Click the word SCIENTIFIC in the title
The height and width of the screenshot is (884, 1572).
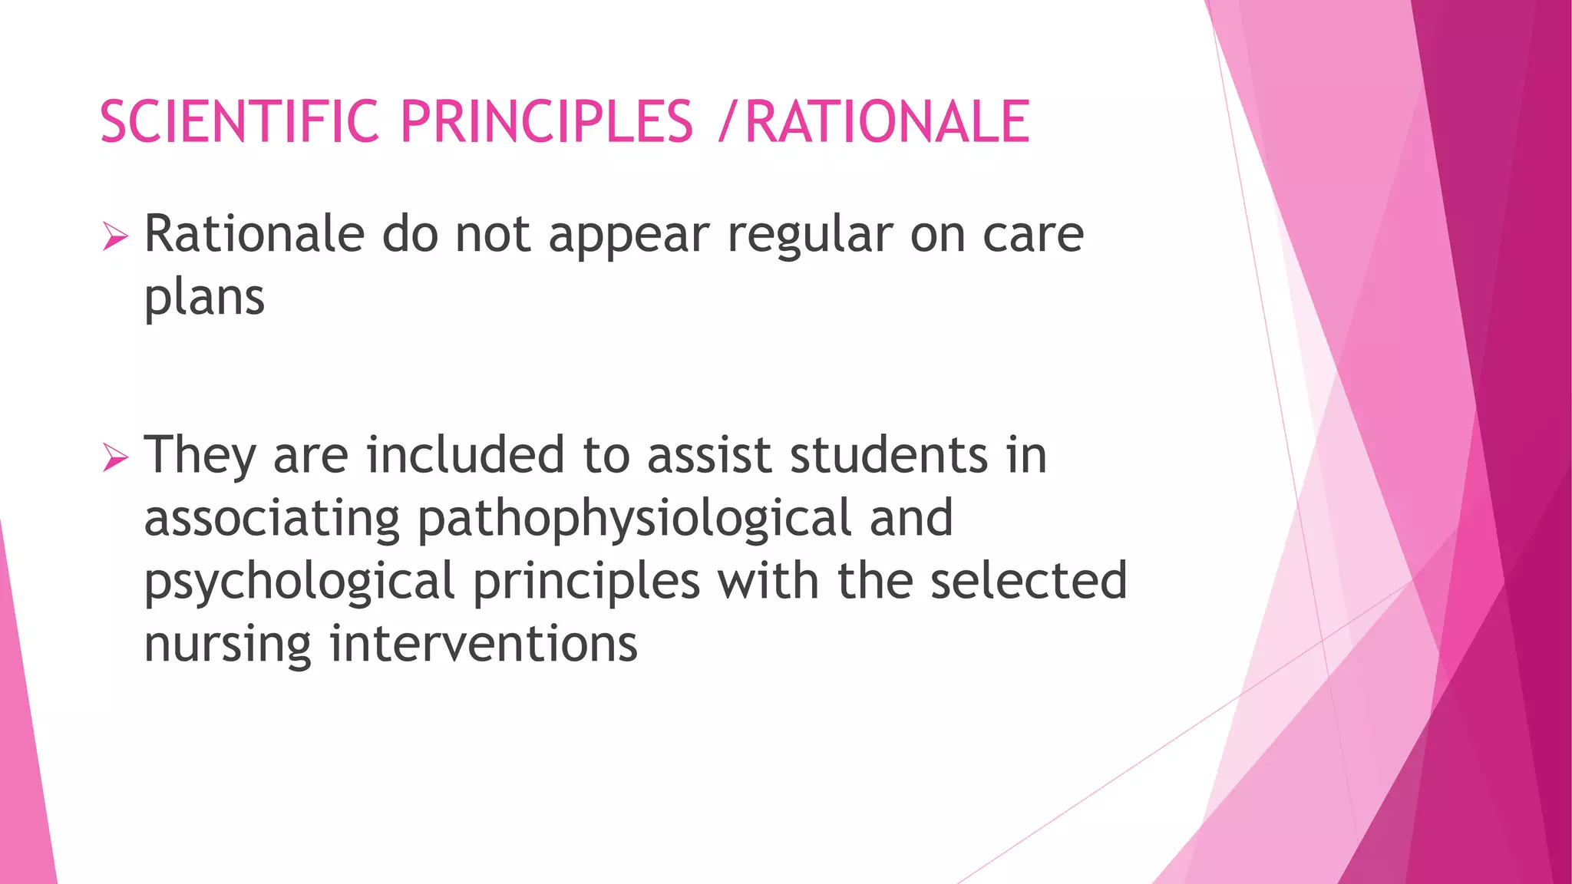click(239, 122)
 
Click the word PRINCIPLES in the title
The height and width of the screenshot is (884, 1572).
click(547, 122)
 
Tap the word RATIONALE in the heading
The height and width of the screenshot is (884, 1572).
click(887, 122)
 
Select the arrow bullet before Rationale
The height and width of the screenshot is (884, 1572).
click(115, 237)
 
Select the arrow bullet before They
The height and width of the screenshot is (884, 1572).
click(115, 458)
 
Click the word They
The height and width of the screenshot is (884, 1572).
click(200, 456)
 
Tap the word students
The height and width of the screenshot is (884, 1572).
click(889, 456)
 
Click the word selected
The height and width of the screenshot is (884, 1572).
click(1029, 580)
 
